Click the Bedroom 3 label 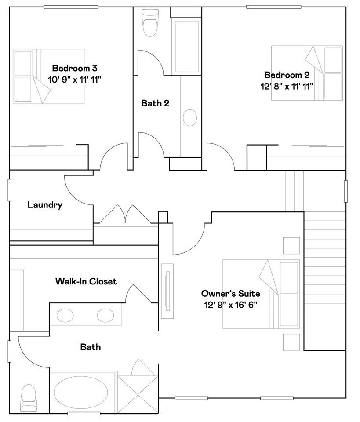click(75, 68)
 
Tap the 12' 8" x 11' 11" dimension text click(287, 87)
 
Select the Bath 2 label click(155, 103)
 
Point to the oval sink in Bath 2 click(190, 118)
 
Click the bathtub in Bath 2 click(187, 47)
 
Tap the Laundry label click(45, 205)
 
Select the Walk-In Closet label click(86, 281)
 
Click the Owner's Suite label click(231, 293)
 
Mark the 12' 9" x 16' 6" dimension click(231, 305)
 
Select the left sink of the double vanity click(65, 316)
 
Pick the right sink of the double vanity click(105, 316)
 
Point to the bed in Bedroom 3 click(49, 76)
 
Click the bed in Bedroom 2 click(307, 73)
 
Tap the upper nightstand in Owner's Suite click(291, 245)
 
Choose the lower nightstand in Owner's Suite click(291, 342)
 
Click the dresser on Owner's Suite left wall click(167, 291)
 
